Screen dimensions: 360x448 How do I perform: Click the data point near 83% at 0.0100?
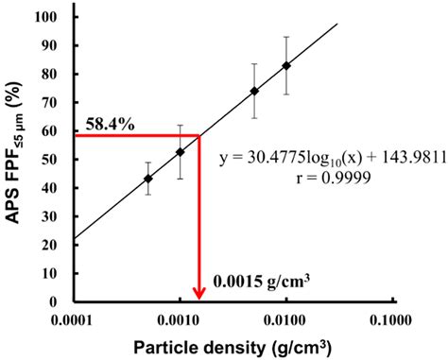(286, 65)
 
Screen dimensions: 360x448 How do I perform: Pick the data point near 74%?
(254, 91)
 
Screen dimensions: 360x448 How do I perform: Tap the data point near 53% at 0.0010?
(181, 151)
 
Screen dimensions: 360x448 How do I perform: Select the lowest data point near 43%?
(148, 179)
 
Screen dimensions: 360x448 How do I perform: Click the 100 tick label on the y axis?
(58, 17)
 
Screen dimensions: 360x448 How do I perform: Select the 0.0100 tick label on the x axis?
(286, 318)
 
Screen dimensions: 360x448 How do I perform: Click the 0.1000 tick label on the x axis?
(391, 318)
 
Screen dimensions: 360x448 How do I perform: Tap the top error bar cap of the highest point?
(286, 37)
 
